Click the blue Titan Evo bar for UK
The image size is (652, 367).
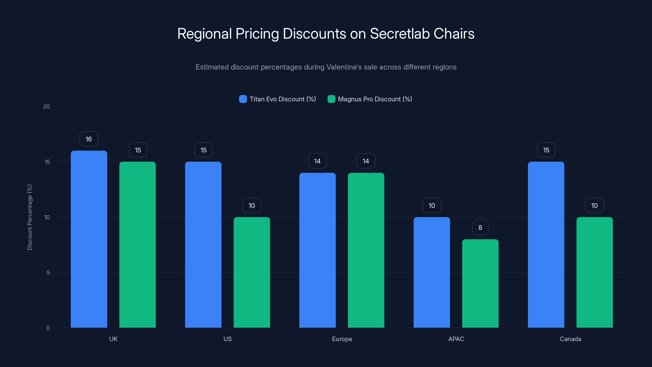[89, 239]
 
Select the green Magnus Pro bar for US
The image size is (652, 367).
[252, 272]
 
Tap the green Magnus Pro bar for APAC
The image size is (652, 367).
[480, 283]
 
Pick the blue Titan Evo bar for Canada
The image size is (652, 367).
[546, 245]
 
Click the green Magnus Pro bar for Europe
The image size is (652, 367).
[366, 250]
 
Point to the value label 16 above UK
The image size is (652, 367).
[89, 139]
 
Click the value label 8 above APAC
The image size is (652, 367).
[480, 228]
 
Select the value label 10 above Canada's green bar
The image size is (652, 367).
[594, 205]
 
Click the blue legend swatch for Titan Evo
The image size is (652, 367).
[243, 99]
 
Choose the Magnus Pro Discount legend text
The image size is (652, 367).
[375, 99]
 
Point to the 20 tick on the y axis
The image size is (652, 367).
[47, 107]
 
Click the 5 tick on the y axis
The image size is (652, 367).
[48, 273]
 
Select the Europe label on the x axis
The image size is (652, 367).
[342, 339]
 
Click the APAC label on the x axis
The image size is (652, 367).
[456, 339]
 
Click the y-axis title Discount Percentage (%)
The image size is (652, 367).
[30, 217]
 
